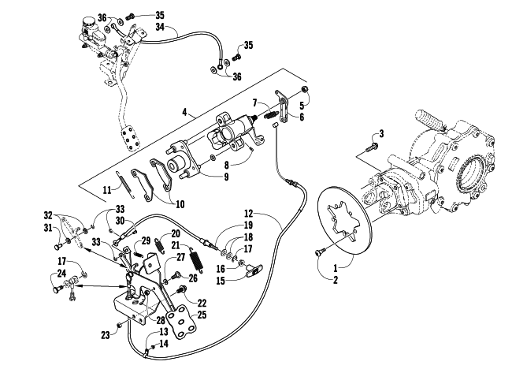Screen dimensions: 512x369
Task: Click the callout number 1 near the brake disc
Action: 336,269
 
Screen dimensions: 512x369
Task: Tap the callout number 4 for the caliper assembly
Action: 184,113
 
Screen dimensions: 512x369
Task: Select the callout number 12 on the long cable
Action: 248,214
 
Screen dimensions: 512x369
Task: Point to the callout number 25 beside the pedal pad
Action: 202,315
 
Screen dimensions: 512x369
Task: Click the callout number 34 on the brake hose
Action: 160,27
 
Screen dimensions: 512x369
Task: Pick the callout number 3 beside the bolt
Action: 380,134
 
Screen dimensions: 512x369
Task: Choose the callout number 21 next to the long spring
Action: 185,246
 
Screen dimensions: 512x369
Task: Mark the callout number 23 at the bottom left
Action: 105,335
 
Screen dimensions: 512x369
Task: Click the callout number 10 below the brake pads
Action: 180,204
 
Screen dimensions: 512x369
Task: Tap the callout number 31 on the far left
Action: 48,228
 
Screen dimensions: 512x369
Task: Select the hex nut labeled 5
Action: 304,89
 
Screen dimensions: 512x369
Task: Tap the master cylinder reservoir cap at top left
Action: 88,20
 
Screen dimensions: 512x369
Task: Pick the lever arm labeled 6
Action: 281,107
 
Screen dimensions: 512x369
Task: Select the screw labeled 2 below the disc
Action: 319,253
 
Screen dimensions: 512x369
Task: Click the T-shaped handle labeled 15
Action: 253,270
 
